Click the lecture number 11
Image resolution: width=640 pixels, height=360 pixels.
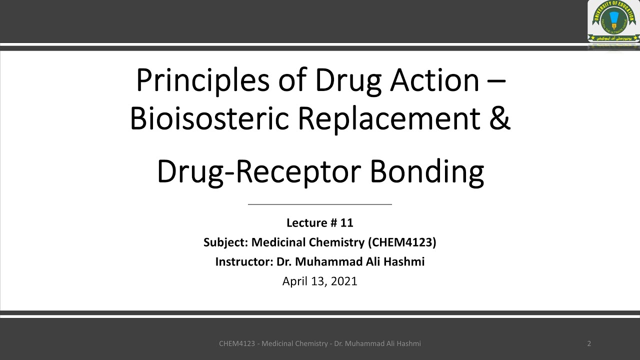[347, 223]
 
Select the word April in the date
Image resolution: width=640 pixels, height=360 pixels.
[294, 281]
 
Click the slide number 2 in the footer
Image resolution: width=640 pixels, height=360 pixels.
[589, 343]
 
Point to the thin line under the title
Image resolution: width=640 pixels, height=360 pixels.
[320, 204]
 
